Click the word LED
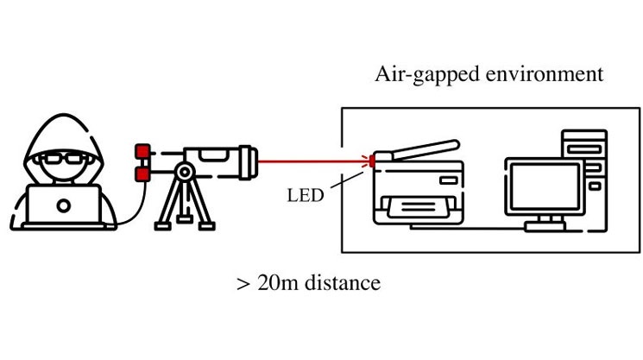(x=305, y=195)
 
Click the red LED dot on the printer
(x=373, y=160)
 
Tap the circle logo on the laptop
(x=66, y=205)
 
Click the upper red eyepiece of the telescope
(x=140, y=154)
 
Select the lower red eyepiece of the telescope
(x=140, y=175)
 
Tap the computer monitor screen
(x=543, y=186)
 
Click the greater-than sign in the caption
(x=243, y=284)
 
